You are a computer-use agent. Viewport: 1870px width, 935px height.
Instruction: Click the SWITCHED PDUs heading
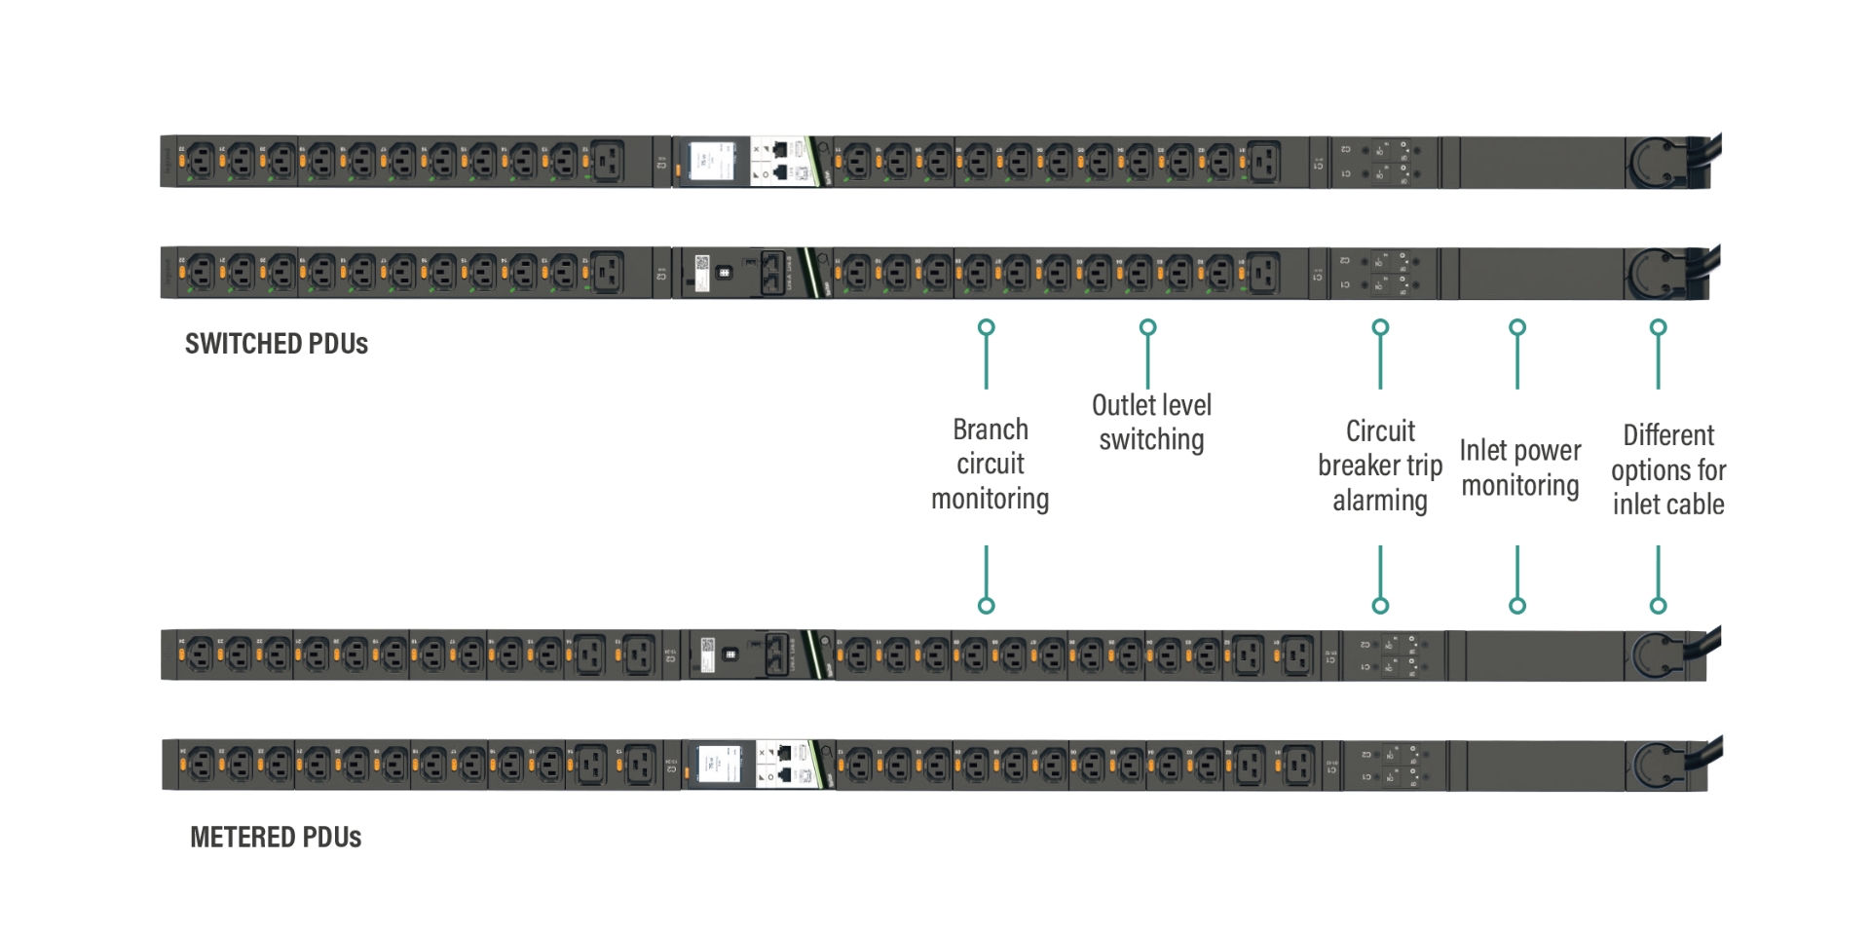coord(277,344)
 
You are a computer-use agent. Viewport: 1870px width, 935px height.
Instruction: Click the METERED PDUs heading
coord(276,838)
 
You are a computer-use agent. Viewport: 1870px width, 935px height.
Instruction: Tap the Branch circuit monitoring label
coord(990,464)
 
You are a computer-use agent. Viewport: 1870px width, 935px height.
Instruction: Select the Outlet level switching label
coord(1151,422)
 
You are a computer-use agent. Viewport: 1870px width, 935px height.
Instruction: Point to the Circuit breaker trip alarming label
coord(1379,466)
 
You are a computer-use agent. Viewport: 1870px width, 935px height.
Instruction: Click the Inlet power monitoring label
coord(1519,467)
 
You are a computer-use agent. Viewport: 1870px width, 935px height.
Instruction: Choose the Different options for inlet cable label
coord(1667,469)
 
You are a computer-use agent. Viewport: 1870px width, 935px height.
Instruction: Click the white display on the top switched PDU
coord(711,161)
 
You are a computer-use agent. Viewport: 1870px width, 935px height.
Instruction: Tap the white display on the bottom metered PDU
coord(719,765)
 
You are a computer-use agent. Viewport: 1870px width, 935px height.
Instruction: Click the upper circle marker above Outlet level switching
coord(1148,327)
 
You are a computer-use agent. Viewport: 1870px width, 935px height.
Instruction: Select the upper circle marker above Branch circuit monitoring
coord(987,327)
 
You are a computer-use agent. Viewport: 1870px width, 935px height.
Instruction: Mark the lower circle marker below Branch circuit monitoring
coord(987,606)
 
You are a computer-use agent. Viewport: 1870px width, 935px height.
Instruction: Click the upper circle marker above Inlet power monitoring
coord(1517,327)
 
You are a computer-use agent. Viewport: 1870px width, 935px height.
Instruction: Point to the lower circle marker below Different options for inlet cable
coord(1659,606)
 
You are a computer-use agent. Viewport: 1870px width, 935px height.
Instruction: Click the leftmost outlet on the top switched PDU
coord(201,161)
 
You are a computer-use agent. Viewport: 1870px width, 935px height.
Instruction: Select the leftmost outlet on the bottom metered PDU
coord(201,765)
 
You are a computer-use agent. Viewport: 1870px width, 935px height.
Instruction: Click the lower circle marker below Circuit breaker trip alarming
coord(1380,606)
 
